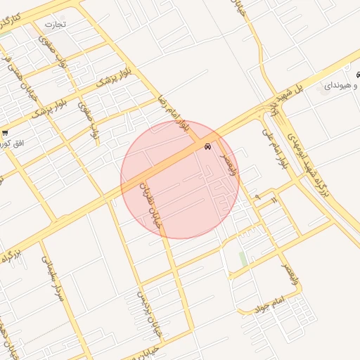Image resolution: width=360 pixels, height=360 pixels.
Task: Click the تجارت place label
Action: [55, 24]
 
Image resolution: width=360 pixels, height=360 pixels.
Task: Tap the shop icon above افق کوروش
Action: [6, 132]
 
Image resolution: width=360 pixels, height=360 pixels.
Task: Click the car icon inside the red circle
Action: [207, 147]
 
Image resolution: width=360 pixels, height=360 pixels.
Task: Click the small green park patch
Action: [243, 259]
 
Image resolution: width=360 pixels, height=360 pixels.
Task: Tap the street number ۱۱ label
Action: [273, 200]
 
